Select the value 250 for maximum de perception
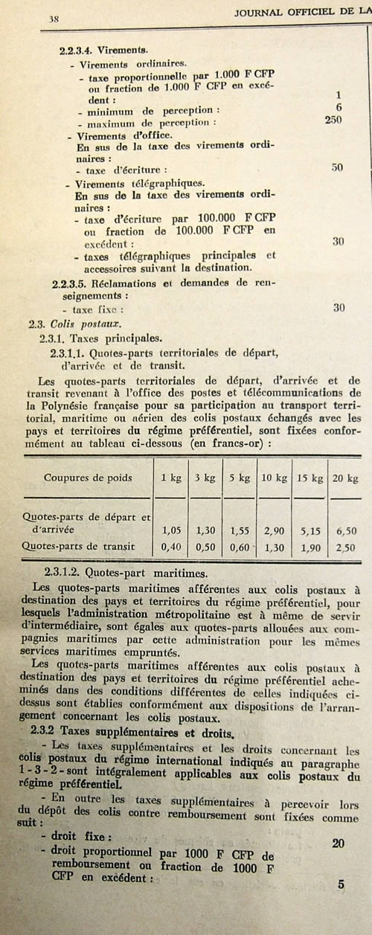point(333,120)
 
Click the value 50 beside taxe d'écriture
point(337,167)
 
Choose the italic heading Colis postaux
point(82,322)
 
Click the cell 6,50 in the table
point(347,530)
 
